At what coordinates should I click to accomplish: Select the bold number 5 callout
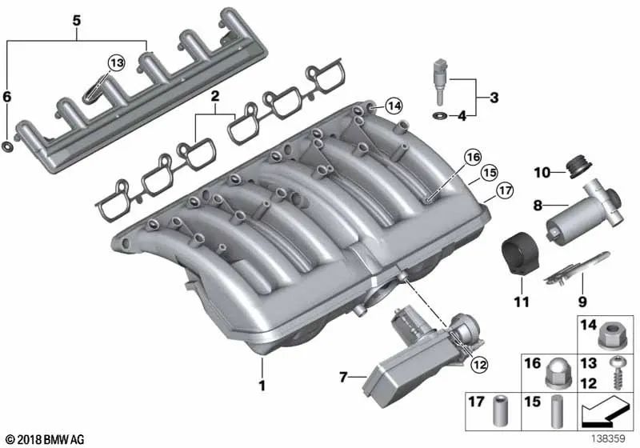pyautogui.click(x=76, y=19)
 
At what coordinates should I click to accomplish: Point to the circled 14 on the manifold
pyautogui.click(x=392, y=105)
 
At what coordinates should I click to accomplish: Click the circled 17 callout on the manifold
pyautogui.click(x=504, y=191)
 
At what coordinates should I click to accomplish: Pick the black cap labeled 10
pyautogui.click(x=573, y=166)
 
